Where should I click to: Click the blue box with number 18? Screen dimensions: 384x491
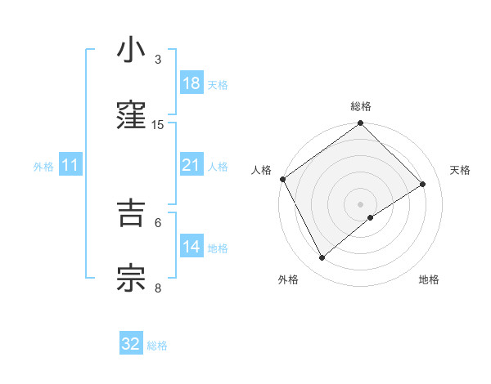(x=191, y=83)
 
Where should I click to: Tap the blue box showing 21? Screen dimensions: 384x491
(x=191, y=166)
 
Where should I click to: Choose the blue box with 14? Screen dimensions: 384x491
(x=191, y=247)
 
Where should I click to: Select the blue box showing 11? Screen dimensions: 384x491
(x=70, y=166)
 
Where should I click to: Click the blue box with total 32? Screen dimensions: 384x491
(x=131, y=344)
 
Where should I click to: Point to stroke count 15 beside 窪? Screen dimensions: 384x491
(x=158, y=124)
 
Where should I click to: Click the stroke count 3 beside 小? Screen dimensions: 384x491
(x=158, y=59)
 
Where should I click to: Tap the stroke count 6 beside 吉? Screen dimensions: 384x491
(x=158, y=221)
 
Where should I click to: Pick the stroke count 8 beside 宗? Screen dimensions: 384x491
(x=158, y=287)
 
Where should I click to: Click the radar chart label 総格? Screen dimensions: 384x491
(x=361, y=106)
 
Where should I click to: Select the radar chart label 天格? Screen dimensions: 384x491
(x=461, y=170)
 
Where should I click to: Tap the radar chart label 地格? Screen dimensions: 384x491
(x=429, y=280)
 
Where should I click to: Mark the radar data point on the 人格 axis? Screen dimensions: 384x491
(x=282, y=179)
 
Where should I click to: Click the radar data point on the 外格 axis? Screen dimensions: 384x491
(x=322, y=258)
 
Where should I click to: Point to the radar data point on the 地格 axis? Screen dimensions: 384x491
(x=371, y=217)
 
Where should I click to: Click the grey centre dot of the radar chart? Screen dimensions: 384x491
(x=361, y=203)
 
